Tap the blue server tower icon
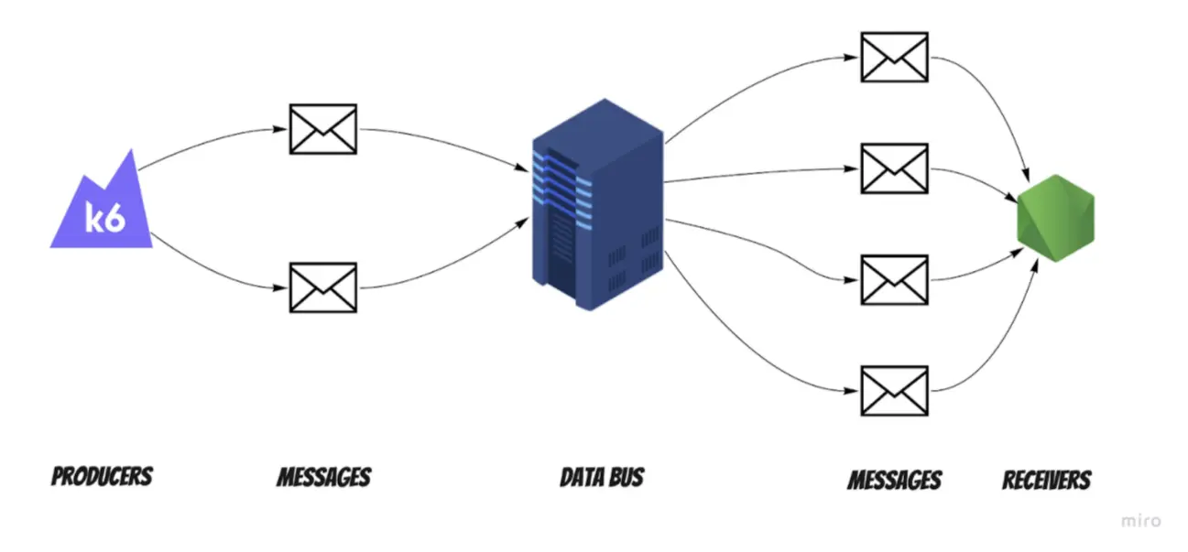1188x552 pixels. [x=597, y=205]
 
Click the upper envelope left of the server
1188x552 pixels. [x=322, y=129]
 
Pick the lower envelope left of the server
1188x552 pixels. [x=322, y=287]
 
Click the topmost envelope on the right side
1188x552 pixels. [x=894, y=57]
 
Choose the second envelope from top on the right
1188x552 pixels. [x=894, y=168]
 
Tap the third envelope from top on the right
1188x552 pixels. [x=894, y=279]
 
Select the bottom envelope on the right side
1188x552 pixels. [x=894, y=390]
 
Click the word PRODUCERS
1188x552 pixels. [x=102, y=477]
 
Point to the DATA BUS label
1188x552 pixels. [x=602, y=477]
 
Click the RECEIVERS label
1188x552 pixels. [x=1047, y=480]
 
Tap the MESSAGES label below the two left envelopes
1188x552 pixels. [x=323, y=477]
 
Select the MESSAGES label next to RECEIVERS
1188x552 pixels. [x=894, y=480]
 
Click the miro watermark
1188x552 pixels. [x=1140, y=521]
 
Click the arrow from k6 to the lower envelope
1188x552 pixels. [x=206, y=275]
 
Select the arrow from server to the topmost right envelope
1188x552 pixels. [x=751, y=78]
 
